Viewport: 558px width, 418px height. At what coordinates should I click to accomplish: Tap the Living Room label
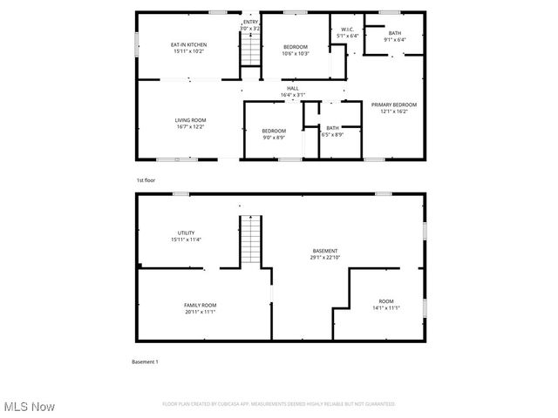[x=191, y=124]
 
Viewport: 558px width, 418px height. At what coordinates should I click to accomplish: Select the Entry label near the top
[x=250, y=25]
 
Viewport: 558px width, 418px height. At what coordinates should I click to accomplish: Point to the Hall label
[x=293, y=91]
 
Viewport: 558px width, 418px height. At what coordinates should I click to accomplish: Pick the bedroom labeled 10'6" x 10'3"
[x=296, y=51]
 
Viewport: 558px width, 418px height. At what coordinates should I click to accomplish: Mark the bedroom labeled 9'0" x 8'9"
[x=274, y=134]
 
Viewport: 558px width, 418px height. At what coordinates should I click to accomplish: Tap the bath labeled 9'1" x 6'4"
[x=395, y=37]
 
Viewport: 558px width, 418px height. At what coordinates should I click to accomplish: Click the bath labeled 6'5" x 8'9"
[x=332, y=131]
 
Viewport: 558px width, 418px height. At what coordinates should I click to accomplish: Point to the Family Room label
[x=200, y=307]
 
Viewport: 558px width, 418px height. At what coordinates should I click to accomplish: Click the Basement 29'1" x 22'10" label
[x=323, y=254]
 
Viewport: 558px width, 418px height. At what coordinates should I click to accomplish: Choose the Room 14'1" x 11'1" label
[x=385, y=304]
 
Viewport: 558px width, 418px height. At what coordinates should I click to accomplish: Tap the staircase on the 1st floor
[x=251, y=50]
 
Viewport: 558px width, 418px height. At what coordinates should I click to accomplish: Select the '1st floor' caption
[x=146, y=180]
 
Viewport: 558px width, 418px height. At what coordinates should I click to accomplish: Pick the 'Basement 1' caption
[x=145, y=361]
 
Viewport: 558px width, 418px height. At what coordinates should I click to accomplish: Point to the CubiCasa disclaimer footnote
[x=278, y=404]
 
